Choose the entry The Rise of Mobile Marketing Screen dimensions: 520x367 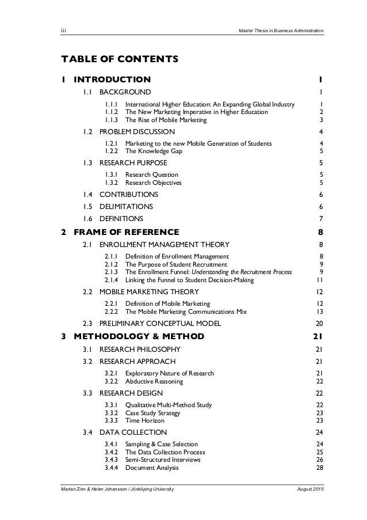coord(166,120)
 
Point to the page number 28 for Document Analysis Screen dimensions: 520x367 coord(319,468)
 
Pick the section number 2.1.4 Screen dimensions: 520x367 coord(113,280)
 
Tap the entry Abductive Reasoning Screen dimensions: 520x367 coord(154,381)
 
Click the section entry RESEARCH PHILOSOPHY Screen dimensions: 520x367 coord(140,350)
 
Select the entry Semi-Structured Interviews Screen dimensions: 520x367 coord(163,460)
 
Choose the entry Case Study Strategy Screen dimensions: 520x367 coord(152,413)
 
